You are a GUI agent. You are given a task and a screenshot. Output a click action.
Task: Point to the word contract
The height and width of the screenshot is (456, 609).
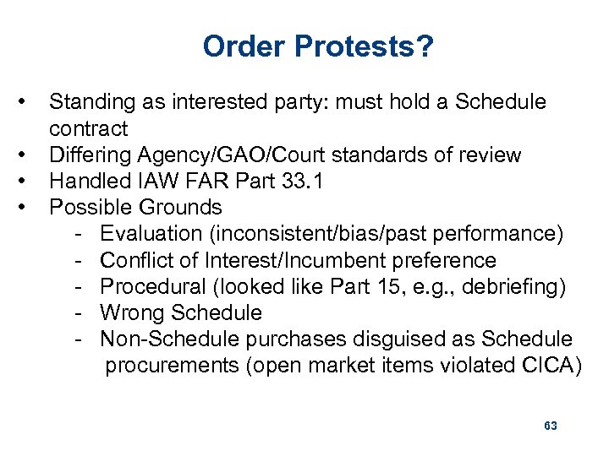(88, 129)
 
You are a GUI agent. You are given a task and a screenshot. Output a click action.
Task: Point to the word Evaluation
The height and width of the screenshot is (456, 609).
(150, 234)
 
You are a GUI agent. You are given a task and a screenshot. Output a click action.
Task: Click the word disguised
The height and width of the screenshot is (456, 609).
(405, 339)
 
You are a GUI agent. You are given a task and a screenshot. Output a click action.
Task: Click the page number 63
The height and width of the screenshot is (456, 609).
(550, 426)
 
